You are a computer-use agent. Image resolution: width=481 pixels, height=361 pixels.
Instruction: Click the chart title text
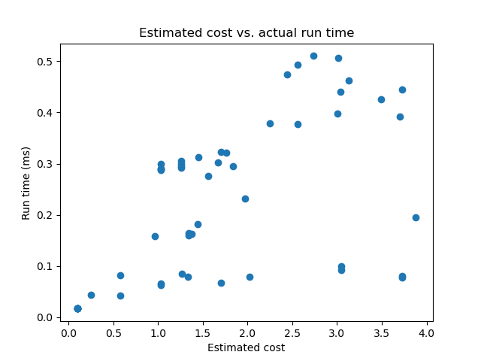tap(247, 33)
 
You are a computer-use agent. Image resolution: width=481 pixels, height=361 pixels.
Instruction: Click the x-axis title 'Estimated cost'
tap(247, 347)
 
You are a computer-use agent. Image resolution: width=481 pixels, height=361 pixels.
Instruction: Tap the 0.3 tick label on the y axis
tap(45, 164)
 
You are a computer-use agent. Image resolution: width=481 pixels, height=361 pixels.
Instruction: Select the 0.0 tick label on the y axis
tap(45, 317)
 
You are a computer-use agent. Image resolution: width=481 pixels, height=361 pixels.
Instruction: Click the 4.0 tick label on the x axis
tap(426, 332)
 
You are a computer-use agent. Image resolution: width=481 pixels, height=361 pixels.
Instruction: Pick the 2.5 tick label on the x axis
tap(292, 332)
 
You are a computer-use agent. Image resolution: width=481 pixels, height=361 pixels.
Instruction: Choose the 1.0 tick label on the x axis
tap(158, 332)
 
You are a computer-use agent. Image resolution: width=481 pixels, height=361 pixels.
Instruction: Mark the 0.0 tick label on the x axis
tap(68, 332)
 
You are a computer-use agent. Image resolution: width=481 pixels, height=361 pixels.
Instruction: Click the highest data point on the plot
tap(313, 56)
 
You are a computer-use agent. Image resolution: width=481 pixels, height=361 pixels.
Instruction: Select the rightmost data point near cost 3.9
tap(416, 217)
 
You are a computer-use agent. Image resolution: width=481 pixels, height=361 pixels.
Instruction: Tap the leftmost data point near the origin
tap(77, 308)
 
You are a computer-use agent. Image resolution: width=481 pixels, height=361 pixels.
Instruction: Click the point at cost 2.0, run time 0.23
tap(245, 199)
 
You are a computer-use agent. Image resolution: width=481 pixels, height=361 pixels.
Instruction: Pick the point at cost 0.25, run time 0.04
tap(91, 295)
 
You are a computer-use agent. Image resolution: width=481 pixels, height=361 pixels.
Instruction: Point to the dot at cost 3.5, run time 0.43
tap(381, 99)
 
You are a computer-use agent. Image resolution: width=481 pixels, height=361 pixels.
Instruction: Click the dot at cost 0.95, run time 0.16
tap(155, 236)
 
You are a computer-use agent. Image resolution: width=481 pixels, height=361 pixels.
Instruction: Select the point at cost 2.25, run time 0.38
tap(270, 123)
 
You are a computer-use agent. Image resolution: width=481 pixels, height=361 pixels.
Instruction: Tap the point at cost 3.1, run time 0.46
tap(349, 80)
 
